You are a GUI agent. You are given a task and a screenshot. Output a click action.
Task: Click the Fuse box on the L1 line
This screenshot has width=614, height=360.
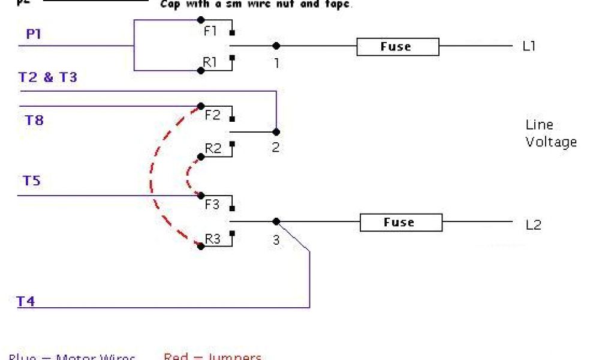point(398,47)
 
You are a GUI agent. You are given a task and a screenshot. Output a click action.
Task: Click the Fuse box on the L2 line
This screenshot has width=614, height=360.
point(401,223)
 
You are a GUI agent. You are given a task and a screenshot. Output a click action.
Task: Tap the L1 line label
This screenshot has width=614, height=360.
point(528,46)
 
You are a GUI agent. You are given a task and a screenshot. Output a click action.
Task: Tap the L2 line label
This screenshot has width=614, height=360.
point(533,225)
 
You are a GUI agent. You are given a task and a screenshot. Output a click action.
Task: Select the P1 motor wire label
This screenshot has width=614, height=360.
point(34,34)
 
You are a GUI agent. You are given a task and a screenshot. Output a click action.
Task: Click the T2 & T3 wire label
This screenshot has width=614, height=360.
point(48,77)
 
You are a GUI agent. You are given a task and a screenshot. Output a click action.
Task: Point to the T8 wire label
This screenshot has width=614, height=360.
point(34,120)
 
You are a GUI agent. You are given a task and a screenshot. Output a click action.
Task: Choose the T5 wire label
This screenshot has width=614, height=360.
point(32,180)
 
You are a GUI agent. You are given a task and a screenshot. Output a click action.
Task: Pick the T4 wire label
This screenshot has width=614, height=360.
point(25,301)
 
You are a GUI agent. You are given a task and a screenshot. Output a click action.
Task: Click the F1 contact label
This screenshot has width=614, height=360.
point(210,31)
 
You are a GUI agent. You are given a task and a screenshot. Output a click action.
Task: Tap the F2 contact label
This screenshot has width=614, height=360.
point(212,115)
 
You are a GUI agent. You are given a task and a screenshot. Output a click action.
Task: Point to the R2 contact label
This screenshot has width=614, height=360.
point(213,148)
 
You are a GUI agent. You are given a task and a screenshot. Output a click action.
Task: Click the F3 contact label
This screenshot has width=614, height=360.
point(212,205)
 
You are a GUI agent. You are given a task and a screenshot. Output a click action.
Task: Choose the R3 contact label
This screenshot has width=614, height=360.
point(213,239)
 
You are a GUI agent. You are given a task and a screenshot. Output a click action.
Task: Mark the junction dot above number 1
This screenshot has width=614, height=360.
point(276,46)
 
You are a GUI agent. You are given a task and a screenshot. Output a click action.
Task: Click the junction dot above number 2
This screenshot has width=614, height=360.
point(276,131)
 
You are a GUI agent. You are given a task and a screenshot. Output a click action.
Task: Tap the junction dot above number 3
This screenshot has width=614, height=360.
point(276,221)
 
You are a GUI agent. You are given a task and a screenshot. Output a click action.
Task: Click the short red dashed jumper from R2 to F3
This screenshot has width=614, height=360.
point(188,174)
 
